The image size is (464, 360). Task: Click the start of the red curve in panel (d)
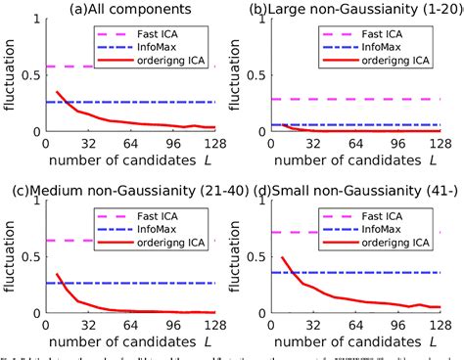(x=283, y=258)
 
